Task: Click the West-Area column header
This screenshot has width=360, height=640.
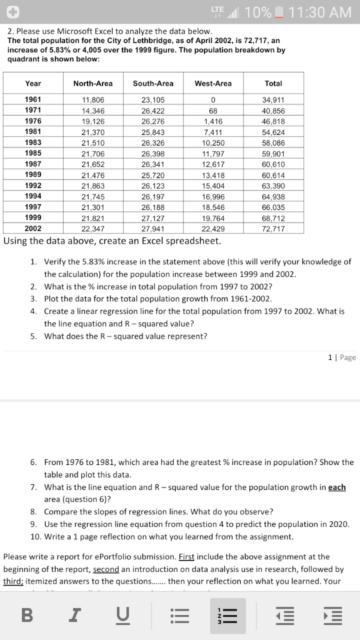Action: point(213,83)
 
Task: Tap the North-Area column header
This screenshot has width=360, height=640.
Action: point(93,83)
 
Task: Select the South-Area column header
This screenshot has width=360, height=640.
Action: point(153,83)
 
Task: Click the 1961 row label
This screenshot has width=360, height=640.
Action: point(33,99)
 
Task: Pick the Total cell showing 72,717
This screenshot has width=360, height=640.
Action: point(273,228)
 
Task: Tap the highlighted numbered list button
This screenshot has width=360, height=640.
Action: point(227,616)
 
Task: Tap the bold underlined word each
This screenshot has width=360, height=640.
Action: point(337,487)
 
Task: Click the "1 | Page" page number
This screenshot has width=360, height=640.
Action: point(342,357)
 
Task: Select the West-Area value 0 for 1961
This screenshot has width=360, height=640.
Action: point(213,99)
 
